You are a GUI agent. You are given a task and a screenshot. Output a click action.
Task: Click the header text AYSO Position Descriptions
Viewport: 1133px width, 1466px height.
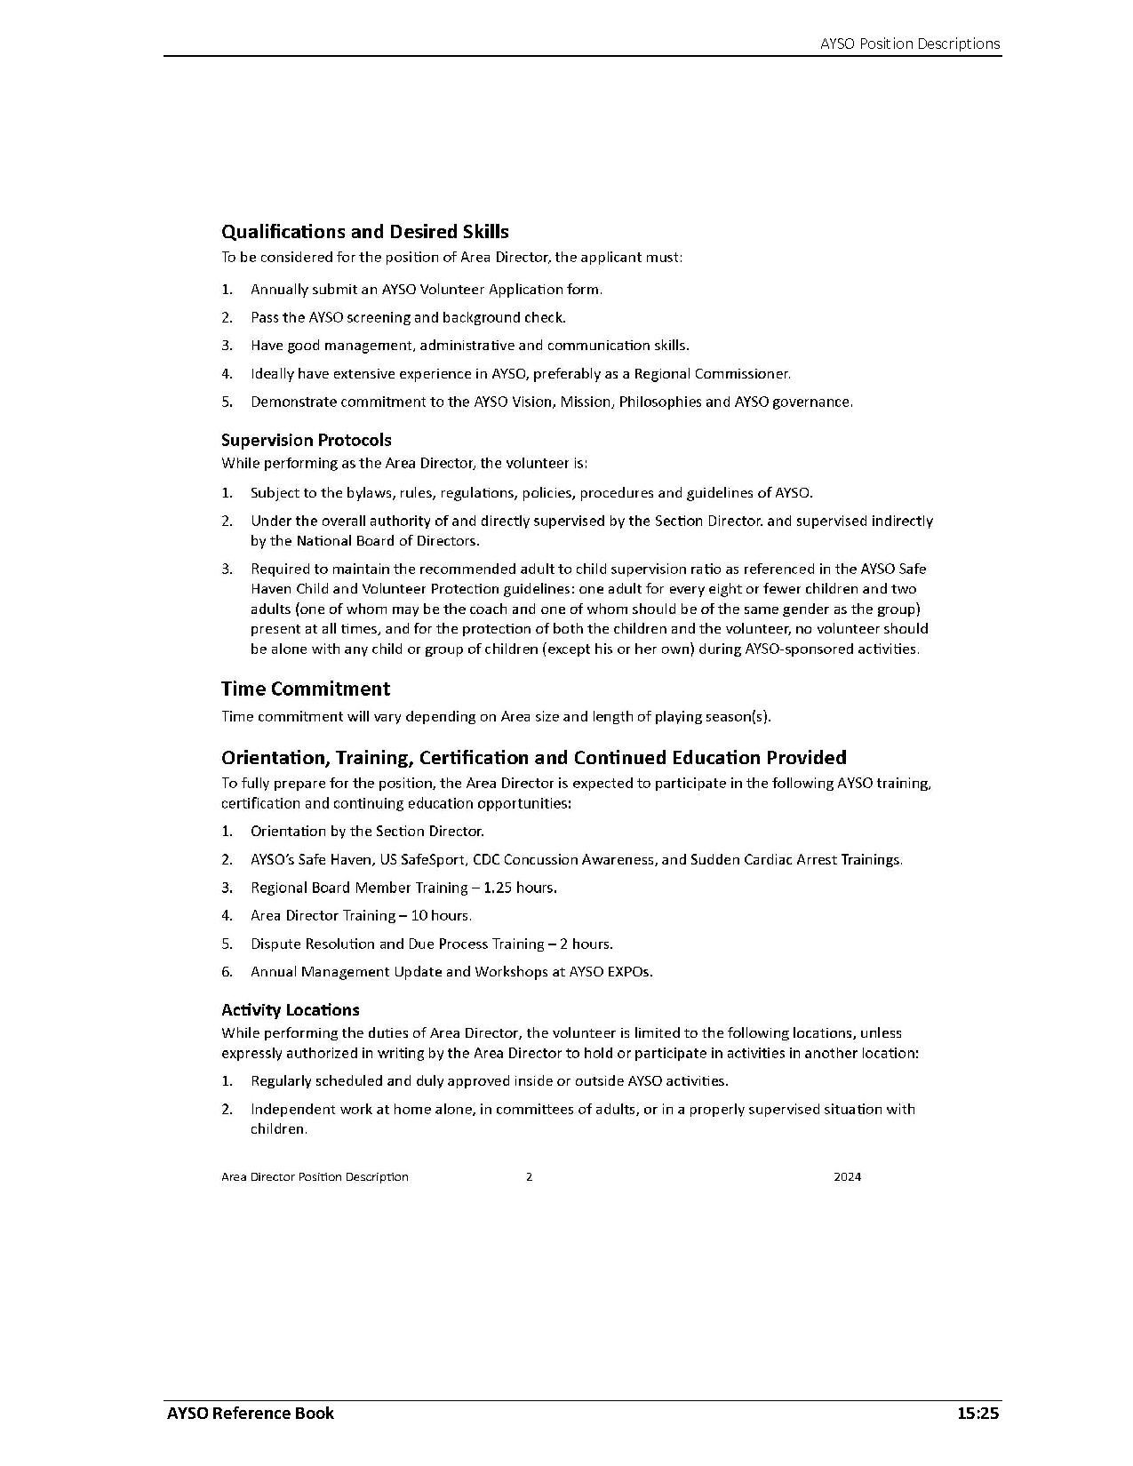pos(910,44)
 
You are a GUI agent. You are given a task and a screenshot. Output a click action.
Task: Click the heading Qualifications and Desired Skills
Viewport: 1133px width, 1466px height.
pos(364,232)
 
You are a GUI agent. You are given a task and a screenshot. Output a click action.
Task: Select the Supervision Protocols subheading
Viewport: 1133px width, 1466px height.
pos(306,440)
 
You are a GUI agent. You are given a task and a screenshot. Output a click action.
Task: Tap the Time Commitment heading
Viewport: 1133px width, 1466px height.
pos(305,689)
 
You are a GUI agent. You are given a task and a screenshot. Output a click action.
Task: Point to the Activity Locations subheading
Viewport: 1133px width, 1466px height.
pos(290,1009)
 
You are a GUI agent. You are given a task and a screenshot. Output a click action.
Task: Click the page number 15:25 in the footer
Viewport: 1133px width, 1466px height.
pos(977,1413)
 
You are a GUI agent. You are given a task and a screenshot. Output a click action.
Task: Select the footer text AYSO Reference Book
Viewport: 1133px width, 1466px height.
pos(251,1413)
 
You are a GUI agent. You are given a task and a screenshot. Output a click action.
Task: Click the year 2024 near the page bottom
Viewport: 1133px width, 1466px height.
pos(847,1176)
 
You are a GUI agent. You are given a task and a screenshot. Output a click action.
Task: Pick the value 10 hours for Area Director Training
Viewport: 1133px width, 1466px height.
pos(441,915)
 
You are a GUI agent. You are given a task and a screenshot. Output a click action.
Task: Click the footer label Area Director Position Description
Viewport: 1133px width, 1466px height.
pos(315,1176)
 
